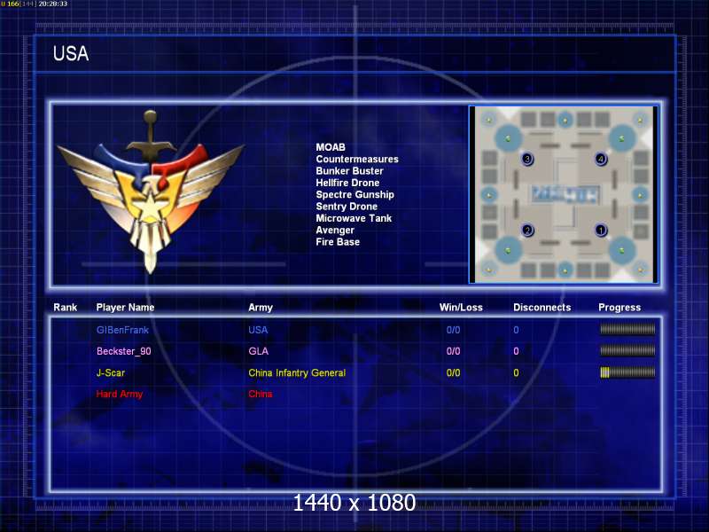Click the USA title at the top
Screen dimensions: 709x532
[x=71, y=53]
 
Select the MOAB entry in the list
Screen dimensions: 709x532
[x=331, y=147]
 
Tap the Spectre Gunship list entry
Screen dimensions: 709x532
[x=355, y=194]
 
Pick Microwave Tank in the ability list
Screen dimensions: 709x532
[x=354, y=218]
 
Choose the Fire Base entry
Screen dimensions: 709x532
[x=338, y=241]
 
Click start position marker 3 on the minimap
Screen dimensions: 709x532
[x=527, y=159]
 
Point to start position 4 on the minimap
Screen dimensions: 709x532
[x=601, y=159]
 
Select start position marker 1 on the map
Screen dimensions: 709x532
[x=601, y=231]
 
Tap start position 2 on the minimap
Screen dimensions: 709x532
[x=527, y=231]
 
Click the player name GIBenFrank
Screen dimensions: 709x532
[x=122, y=330]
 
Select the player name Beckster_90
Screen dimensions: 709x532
[x=124, y=351]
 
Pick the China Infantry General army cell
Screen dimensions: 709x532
[x=297, y=372]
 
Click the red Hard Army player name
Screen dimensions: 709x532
[x=120, y=394]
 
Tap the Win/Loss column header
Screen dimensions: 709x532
[x=461, y=308]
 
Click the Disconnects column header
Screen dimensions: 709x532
[x=542, y=308]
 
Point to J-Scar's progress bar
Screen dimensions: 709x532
[x=627, y=372]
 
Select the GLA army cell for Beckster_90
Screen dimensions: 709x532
[x=258, y=351]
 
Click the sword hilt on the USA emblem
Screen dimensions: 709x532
[x=151, y=131]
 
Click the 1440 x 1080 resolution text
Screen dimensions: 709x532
[x=354, y=503]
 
